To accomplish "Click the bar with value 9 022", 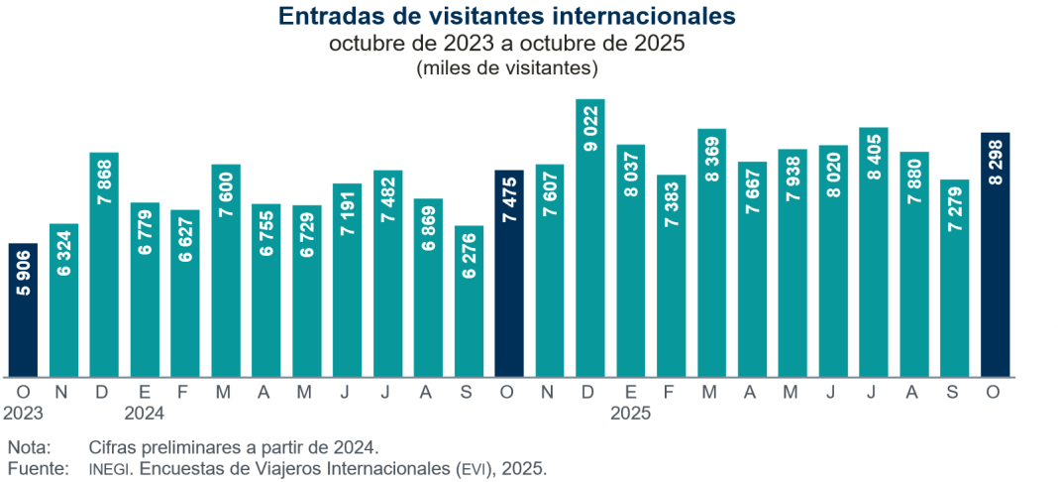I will click(590, 238).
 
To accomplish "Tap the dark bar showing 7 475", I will click(509, 273).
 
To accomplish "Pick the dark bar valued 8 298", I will click(996, 254).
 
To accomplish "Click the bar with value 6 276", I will click(469, 301).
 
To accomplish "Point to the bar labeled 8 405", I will click(874, 252).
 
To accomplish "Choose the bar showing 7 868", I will click(104, 264).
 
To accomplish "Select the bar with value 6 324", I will click(63, 300).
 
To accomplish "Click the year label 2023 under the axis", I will click(23, 412).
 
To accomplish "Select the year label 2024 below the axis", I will click(145, 412).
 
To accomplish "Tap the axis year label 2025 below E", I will click(631, 412).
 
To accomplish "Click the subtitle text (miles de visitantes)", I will click(507, 68).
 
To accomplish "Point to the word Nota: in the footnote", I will click(29, 447).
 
